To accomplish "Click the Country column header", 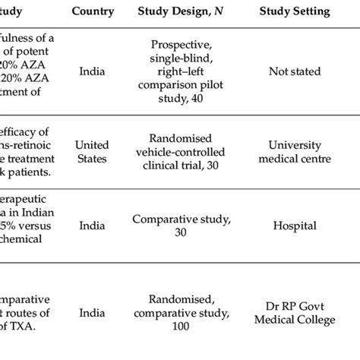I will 93,12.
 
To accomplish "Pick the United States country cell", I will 93,151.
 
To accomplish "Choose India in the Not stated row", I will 93,71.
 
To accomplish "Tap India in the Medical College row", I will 93,312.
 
